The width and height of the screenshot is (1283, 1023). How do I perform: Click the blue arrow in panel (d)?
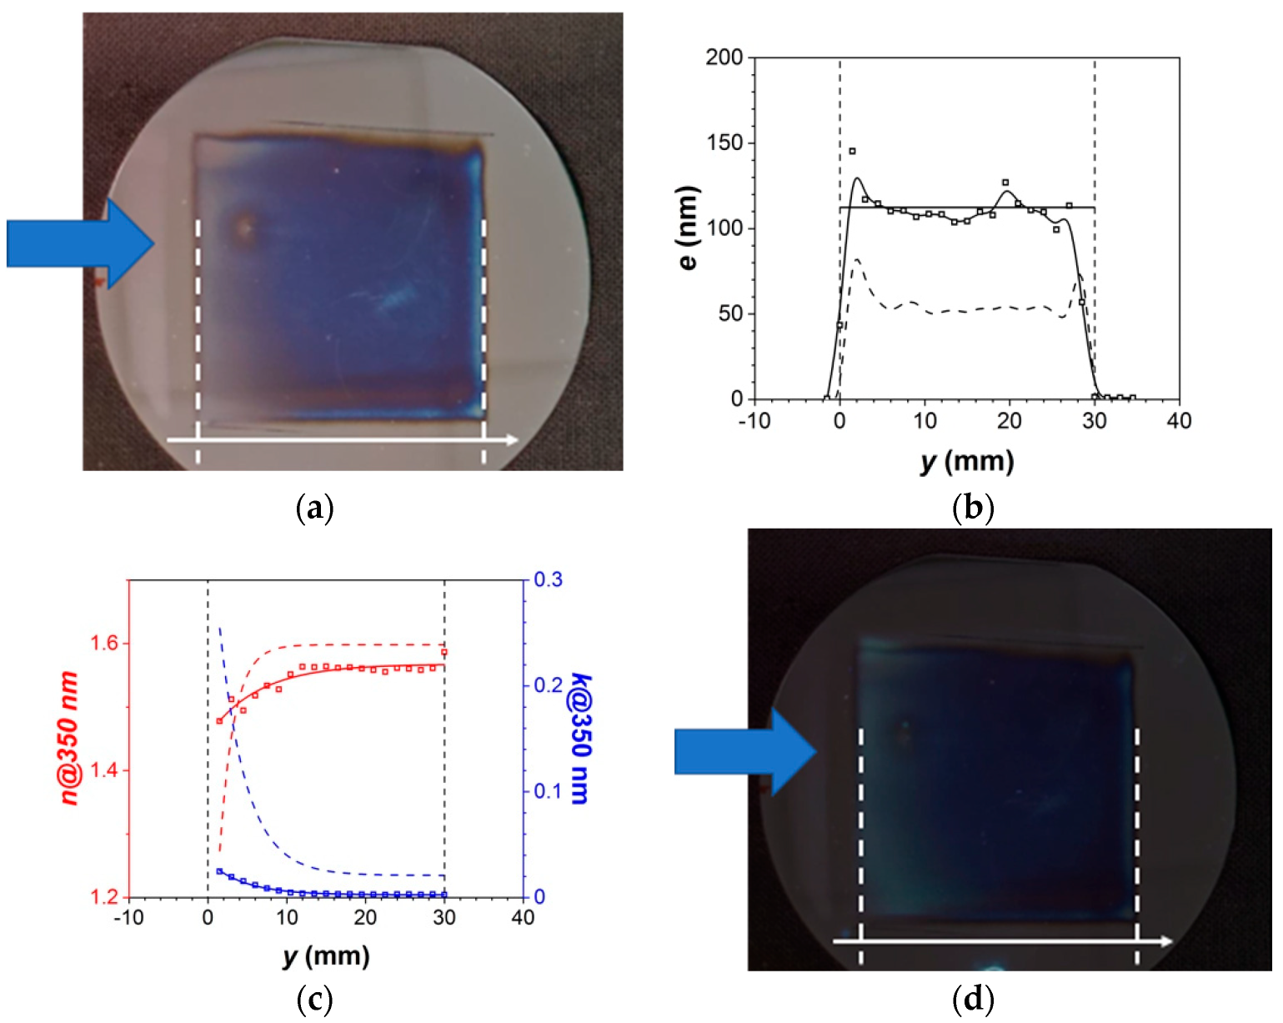(x=744, y=752)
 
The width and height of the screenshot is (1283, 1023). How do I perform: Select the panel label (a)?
(x=315, y=507)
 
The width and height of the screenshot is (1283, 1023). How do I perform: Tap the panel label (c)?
(x=315, y=999)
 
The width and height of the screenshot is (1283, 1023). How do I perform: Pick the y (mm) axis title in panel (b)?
(x=967, y=461)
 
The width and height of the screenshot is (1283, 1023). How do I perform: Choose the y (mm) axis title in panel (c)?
(x=325, y=955)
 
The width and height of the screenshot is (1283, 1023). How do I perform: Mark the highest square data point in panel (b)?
(x=852, y=151)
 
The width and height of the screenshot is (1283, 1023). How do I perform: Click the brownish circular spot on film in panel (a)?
(x=244, y=227)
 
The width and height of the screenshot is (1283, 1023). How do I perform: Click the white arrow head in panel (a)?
(x=509, y=439)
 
